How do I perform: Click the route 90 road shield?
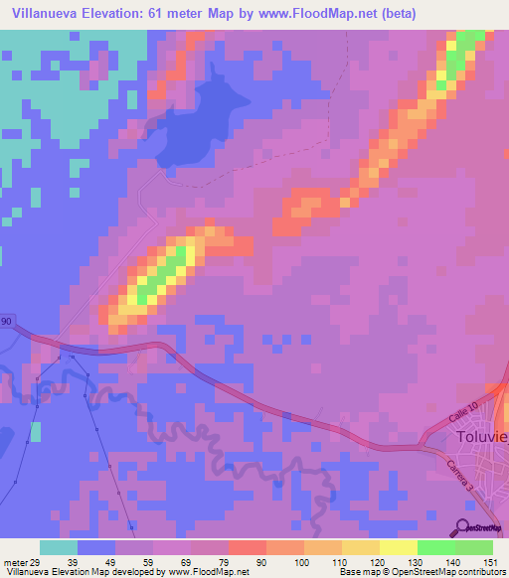click(6, 322)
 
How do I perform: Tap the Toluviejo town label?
click(481, 438)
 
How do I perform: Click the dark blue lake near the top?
click(204, 124)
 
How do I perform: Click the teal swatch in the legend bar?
click(58, 547)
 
